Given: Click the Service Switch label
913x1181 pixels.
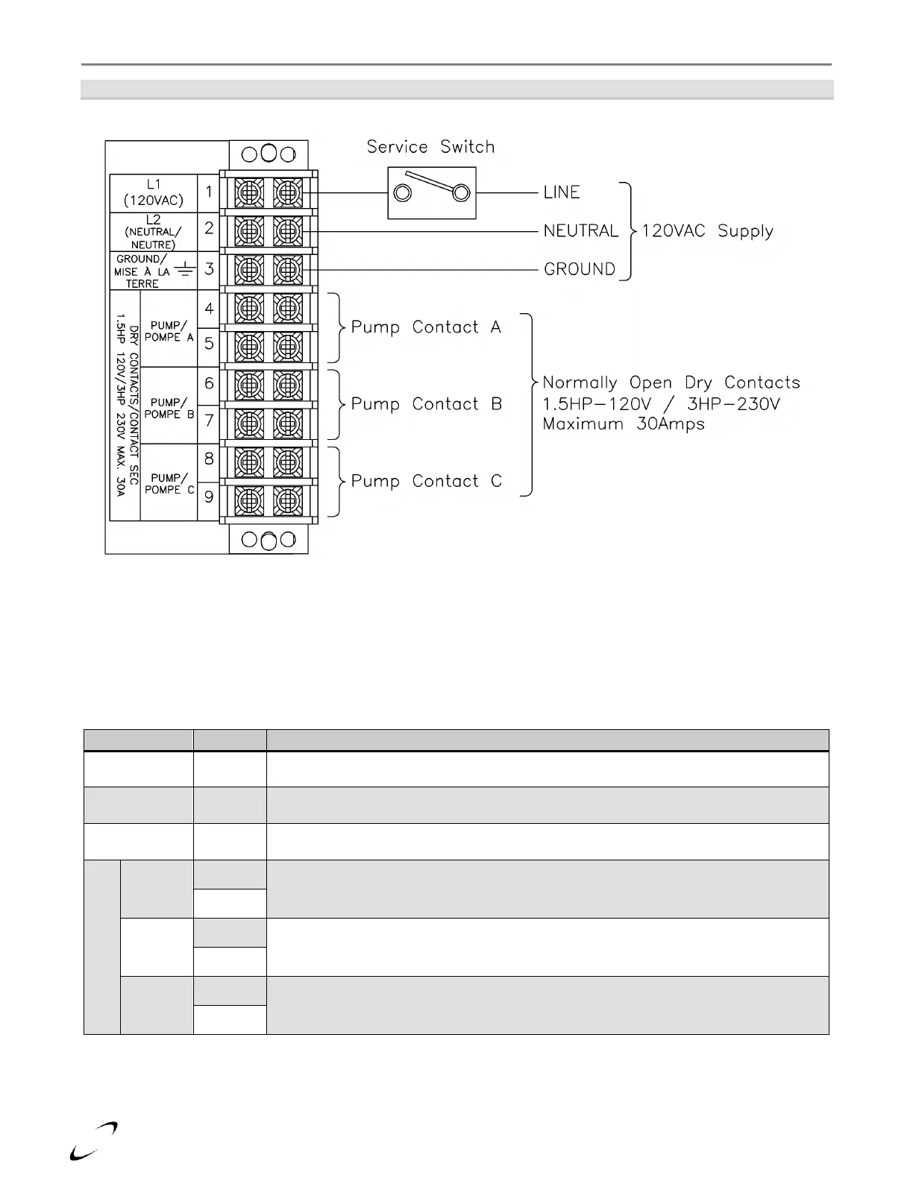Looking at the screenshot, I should coord(430,147).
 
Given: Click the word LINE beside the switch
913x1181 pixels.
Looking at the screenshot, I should coord(562,192).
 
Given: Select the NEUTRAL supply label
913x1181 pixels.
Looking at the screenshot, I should coord(581,231).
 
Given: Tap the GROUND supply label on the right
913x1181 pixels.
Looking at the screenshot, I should coord(580,269).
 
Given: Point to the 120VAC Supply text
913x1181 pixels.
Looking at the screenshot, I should coord(707,231).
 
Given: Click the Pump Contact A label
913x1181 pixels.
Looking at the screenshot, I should coord(426,327).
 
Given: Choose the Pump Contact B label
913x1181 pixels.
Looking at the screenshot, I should coord(427,404).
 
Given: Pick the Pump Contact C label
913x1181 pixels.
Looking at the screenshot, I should coord(427,482).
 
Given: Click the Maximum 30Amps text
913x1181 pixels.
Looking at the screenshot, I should coord(624,424).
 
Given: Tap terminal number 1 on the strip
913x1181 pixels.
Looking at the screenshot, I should coord(209,192).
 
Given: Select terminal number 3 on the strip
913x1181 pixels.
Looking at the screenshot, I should coord(209,269).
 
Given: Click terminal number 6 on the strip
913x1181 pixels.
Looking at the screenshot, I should coord(209,384).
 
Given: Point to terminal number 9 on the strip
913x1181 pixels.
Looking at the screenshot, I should coord(209,497).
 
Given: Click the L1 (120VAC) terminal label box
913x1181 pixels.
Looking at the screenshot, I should coord(154,192).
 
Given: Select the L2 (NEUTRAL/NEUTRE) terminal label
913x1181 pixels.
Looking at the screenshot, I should coord(154,232).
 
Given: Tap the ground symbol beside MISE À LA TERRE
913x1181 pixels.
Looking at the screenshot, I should coord(184,271).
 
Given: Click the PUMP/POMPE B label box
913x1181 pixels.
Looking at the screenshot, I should coord(169,408).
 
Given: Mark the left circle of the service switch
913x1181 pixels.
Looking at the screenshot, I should coord(403,194).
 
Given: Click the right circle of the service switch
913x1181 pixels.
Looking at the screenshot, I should coord(461,194).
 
